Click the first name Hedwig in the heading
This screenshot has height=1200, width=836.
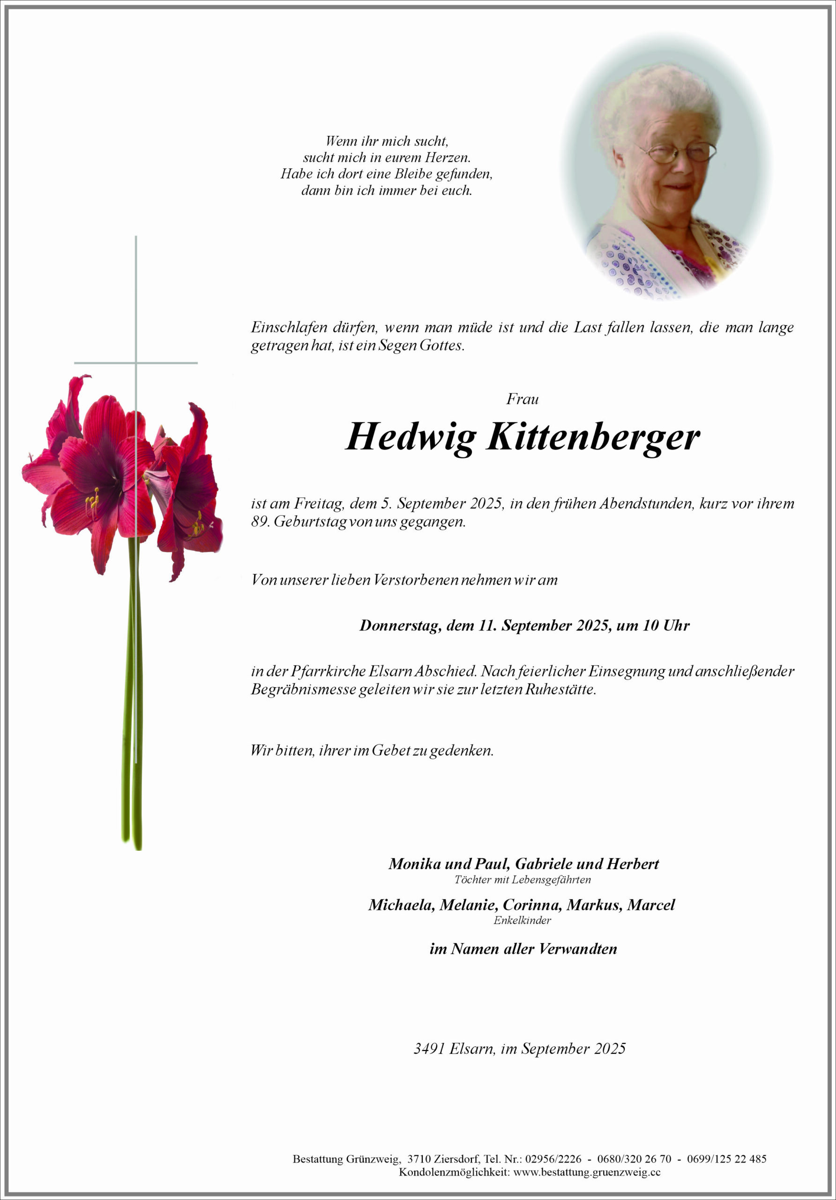pyautogui.click(x=411, y=437)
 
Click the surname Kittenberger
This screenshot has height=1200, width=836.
pyautogui.click(x=593, y=437)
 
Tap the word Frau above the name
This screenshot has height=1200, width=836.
pyautogui.click(x=522, y=399)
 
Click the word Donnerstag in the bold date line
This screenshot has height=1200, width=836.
pyautogui.click(x=401, y=626)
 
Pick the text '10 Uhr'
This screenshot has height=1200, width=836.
pyautogui.click(x=666, y=626)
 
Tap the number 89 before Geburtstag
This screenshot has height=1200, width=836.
pyautogui.click(x=260, y=522)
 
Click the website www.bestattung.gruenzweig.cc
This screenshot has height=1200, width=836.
pyautogui.click(x=587, y=1172)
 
